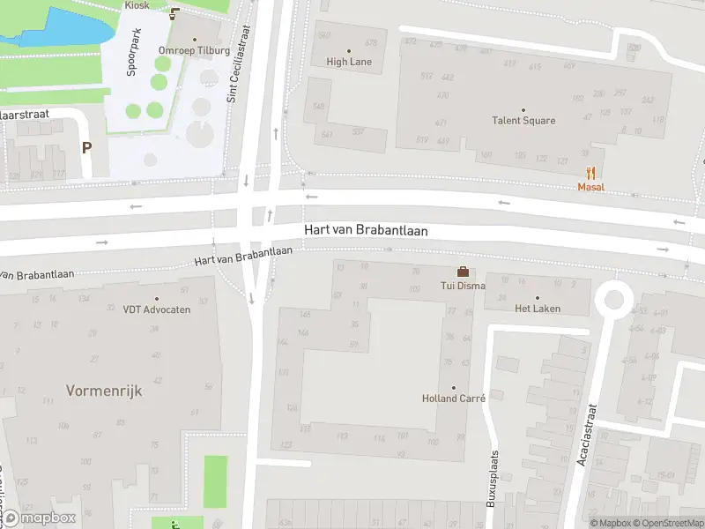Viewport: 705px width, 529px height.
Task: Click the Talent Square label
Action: [x=523, y=121]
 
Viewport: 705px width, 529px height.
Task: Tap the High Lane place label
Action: [x=349, y=62]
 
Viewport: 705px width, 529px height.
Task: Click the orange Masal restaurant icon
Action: [x=591, y=173]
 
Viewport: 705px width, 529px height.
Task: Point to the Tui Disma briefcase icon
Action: [x=462, y=272]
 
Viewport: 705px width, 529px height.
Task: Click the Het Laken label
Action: [x=537, y=309]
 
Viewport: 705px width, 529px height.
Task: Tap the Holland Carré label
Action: [x=454, y=399]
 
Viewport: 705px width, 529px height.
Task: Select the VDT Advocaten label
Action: [x=156, y=309]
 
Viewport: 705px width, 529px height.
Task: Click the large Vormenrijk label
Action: [x=104, y=390]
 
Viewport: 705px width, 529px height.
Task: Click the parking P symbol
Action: [x=86, y=148]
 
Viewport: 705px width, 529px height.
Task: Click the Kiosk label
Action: [x=137, y=5]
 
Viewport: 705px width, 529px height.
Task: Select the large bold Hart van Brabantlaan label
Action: [x=366, y=230]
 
